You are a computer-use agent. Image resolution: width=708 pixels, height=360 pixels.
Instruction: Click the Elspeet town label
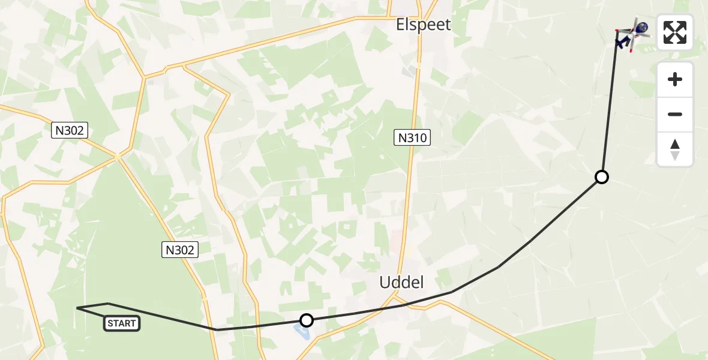[x=423, y=25]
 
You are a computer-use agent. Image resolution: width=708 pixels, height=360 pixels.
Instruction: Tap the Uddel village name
[x=401, y=282]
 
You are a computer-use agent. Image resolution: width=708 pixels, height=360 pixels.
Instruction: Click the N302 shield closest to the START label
[x=180, y=250]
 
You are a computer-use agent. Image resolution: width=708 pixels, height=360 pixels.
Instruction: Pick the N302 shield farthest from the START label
[x=70, y=130]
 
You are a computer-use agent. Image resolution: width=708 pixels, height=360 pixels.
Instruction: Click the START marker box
[x=122, y=323]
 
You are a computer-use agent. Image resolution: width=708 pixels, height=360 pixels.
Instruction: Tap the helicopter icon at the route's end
[x=632, y=34]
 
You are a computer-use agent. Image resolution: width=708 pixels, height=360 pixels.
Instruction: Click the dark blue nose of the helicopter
[x=642, y=27]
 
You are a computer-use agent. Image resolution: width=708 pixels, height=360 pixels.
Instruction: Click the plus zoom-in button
[x=675, y=79]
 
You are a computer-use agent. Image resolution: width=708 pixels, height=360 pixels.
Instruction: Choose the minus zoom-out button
[x=675, y=114]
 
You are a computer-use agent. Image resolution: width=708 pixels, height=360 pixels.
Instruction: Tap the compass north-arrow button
[x=675, y=149]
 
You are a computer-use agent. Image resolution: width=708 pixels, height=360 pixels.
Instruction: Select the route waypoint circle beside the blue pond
[x=307, y=320]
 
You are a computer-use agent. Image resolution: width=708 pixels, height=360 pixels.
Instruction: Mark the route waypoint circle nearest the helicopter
[x=601, y=176]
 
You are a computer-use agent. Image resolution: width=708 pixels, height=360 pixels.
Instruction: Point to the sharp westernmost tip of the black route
[x=77, y=308]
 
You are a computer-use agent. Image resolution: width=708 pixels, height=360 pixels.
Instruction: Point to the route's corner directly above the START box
[x=108, y=304]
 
